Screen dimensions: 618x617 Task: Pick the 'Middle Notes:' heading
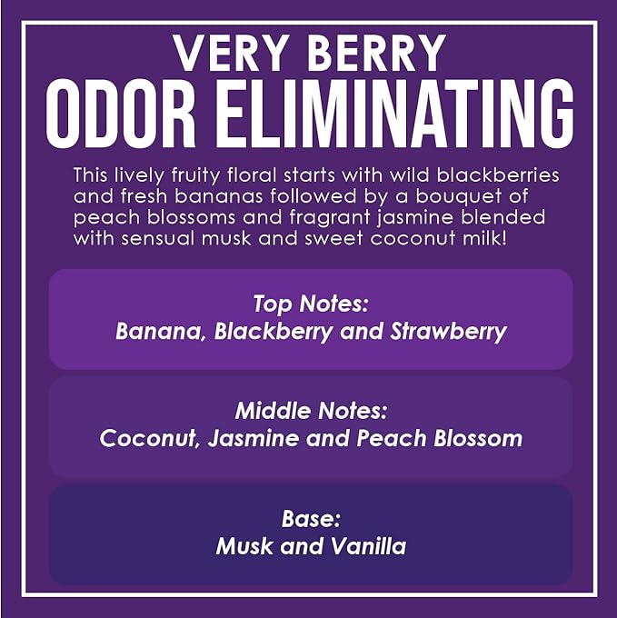(x=310, y=412)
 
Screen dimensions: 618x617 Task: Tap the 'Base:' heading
(x=310, y=520)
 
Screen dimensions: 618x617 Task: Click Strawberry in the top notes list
(x=447, y=331)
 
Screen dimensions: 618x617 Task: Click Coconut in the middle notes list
(x=148, y=439)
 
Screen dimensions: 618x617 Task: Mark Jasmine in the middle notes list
(x=250, y=439)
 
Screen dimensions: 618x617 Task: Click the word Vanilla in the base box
(x=367, y=546)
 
